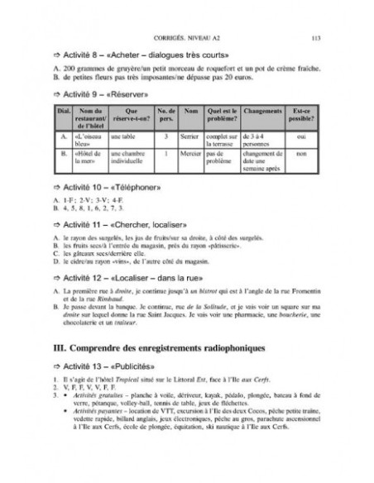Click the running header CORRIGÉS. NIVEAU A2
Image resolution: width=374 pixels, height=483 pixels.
pyautogui.click(x=185, y=38)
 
